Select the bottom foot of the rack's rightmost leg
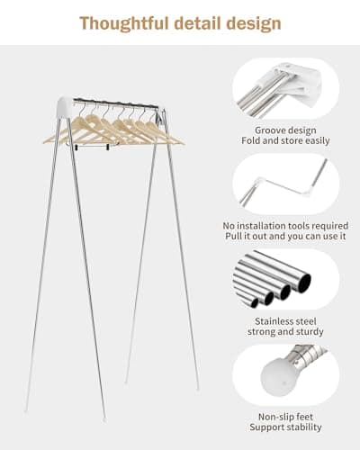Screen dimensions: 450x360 [x=197, y=388]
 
